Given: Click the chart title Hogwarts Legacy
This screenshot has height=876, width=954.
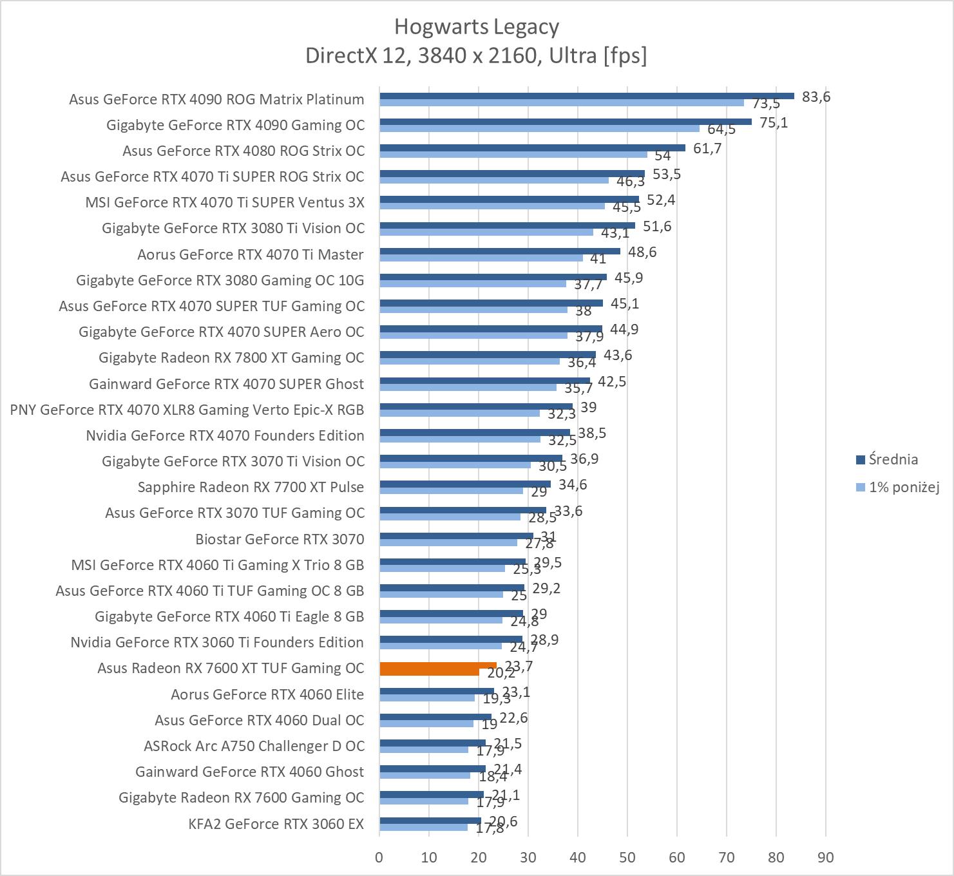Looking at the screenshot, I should click(476, 26).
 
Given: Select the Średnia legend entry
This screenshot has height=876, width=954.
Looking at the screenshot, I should click(893, 459).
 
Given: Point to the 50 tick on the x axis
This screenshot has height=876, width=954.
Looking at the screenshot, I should click(627, 857).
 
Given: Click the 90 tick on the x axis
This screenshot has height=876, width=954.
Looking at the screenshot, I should click(825, 857).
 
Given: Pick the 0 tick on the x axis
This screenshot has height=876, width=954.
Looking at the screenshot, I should click(379, 857).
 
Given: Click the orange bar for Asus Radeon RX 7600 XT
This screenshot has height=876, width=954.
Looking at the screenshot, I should click(438, 669).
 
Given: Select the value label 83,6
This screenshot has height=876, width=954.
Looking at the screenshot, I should click(816, 97).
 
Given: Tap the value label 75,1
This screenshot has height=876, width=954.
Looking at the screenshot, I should click(774, 122).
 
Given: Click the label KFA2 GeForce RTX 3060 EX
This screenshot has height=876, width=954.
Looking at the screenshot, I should click(276, 823).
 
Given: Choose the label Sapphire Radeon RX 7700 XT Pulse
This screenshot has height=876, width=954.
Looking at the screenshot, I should click(251, 487).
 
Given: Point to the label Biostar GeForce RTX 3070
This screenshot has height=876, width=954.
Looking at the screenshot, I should click(280, 538).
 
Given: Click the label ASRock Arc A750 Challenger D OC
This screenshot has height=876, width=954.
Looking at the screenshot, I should click(254, 746).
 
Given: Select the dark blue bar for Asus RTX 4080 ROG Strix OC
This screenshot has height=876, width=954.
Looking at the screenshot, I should click(532, 148).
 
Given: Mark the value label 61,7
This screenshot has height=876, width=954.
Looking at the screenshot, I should click(707, 148).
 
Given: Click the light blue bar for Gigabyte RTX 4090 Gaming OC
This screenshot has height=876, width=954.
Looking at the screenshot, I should click(539, 128).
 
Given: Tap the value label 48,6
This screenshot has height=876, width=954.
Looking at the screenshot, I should click(642, 252).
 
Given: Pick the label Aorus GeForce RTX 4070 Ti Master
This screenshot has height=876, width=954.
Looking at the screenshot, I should click(251, 254).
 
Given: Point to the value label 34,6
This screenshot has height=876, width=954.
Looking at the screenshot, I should click(573, 484).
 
